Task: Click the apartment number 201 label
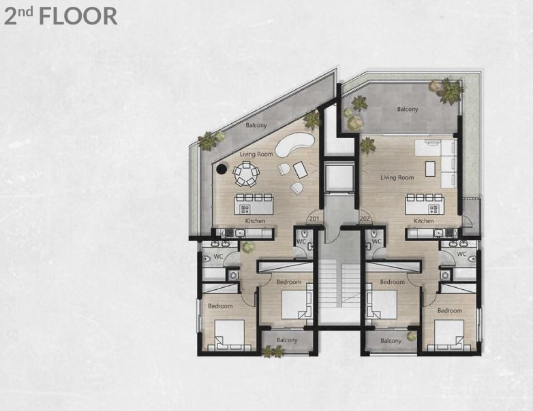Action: click(314, 218)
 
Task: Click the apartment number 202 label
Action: click(365, 218)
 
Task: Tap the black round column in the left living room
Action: click(222, 168)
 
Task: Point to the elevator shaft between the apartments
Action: click(339, 177)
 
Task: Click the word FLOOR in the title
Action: click(78, 16)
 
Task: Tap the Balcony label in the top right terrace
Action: click(408, 110)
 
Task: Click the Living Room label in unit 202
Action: click(397, 177)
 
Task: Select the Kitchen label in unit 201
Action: click(255, 221)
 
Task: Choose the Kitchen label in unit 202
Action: click(423, 221)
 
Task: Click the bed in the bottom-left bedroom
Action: click(230, 335)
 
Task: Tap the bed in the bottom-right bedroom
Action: click(448, 335)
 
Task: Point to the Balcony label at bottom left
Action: click(287, 340)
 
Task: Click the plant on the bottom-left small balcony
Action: click(273, 352)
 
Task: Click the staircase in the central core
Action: click(339, 286)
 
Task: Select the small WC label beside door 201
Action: click(301, 242)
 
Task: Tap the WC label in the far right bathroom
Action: click(461, 254)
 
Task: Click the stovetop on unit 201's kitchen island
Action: click(245, 209)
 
